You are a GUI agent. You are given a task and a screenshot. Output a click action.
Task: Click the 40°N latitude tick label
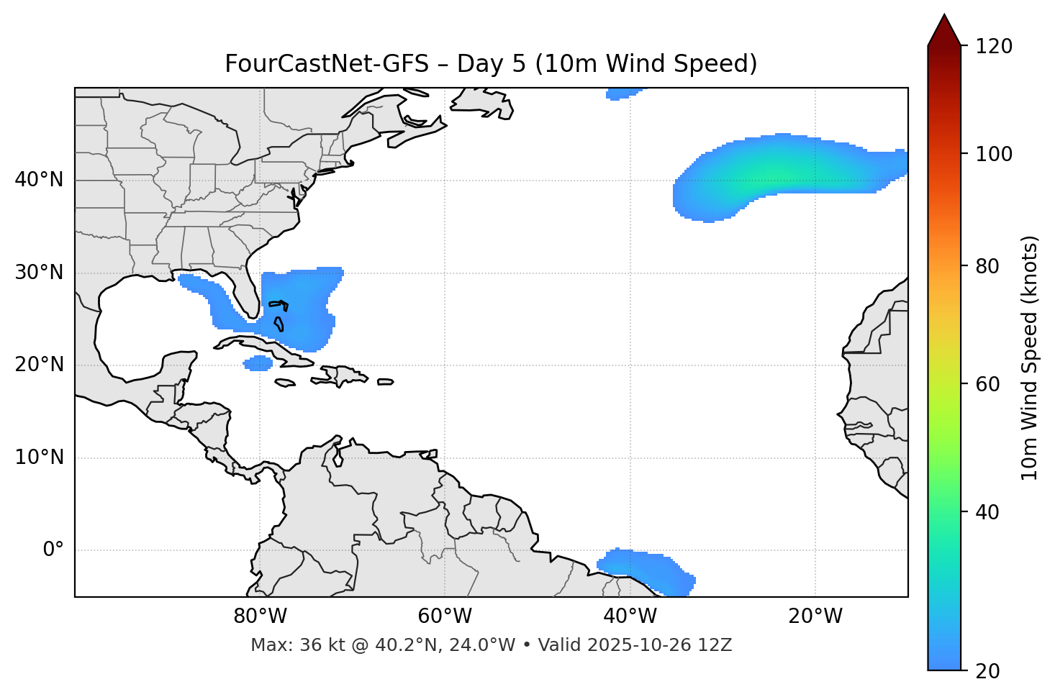coord(39,179)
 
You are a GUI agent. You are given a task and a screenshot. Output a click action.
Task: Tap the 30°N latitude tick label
coord(39,272)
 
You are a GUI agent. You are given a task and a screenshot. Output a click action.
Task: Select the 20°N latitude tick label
coord(39,365)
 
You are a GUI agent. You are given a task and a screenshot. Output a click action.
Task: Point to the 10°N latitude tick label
coord(39,457)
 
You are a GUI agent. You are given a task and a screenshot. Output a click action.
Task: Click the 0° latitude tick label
coord(53,550)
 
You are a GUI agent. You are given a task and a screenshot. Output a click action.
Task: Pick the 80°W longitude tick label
coord(260,616)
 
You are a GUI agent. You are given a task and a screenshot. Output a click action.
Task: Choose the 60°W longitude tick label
coord(445,616)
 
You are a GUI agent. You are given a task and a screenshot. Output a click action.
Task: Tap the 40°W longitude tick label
coord(630,616)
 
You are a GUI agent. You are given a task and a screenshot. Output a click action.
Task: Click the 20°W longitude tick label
coord(815,616)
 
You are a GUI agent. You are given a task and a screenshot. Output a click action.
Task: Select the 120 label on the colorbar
coord(993,46)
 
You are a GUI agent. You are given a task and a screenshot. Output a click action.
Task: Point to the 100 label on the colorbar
coord(993,154)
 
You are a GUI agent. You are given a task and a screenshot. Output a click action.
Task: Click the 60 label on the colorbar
coord(988,384)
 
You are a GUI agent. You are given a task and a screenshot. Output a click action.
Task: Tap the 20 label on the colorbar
coord(988,671)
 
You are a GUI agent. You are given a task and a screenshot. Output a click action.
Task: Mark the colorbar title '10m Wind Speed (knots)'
coord(1030,357)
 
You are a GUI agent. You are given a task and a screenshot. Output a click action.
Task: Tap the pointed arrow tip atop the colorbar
coord(944,17)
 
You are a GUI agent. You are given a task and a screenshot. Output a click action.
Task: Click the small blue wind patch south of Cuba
coord(258,363)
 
